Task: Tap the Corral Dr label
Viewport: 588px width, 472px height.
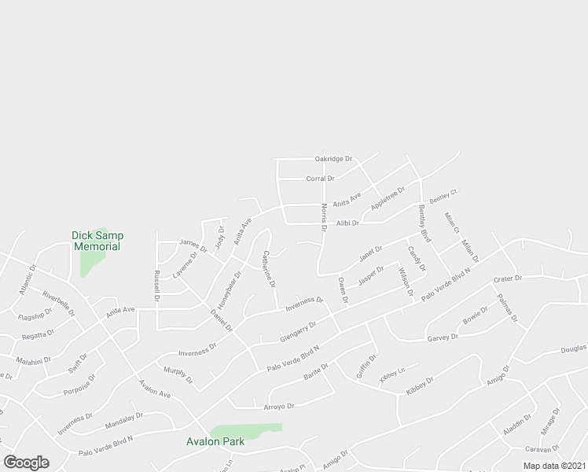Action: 319,179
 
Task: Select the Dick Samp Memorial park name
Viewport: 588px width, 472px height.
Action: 97,241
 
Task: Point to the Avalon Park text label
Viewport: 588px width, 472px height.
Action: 215,441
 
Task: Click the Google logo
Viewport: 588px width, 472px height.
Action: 26,462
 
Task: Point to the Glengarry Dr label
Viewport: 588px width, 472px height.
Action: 298,331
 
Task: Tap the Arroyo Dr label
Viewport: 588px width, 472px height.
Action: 278,407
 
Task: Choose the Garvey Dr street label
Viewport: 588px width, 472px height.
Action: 443,337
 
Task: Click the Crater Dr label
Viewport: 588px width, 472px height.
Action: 508,279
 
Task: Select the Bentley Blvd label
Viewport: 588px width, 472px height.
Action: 424,223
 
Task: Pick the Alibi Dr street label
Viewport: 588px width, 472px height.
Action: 347,223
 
